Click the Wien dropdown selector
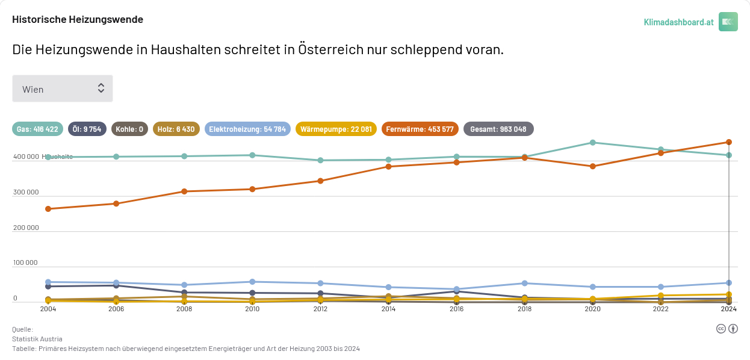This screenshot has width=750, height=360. pos(63,88)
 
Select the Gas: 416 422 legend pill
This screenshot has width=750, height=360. pos(37,129)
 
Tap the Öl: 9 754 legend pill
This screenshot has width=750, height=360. pos(87,129)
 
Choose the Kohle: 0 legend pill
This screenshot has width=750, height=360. pos(129,129)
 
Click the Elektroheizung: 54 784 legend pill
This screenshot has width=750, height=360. pos(247,129)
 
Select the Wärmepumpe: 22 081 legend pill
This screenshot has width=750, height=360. pos(336,129)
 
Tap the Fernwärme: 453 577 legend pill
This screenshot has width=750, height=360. pos(420,129)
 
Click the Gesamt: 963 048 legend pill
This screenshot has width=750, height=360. pos(498,129)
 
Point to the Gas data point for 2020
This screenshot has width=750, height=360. pos(592,143)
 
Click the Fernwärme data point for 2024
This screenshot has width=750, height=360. pos(728,142)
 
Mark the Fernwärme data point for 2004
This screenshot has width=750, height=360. pos(48,209)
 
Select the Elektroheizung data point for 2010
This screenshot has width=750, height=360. pos(252,282)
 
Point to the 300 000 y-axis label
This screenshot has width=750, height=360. pos(25,193)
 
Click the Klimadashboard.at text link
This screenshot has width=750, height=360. pos(678,22)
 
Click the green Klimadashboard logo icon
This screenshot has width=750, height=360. pos(728,22)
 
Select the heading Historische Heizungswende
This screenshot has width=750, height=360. pos(78,19)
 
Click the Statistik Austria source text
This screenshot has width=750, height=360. pos(37,339)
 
